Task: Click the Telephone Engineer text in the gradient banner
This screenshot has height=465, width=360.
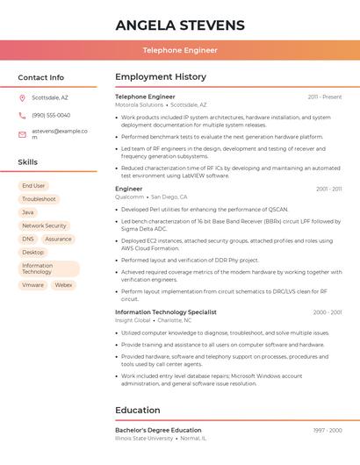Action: (x=180, y=50)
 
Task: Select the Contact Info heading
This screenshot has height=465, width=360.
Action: (x=40, y=77)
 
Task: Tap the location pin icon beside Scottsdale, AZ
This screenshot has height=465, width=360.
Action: (x=22, y=97)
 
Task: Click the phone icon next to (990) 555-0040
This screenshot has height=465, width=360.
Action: (x=22, y=115)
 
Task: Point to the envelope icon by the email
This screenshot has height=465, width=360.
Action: (x=22, y=134)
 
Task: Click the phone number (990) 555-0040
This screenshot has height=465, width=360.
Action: (x=51, y=115)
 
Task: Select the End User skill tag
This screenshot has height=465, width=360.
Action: (x=33, y=186)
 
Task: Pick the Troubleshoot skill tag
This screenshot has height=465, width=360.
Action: (x=39, y=199)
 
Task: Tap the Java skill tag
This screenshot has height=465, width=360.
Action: (x=28, y=212)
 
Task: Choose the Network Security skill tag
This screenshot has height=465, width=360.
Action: (x=44, y=225)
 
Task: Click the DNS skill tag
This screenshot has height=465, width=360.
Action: (x=28, y=239)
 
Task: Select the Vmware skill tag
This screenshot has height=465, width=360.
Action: (x=32, y=285)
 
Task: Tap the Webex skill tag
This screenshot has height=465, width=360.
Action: (x=63, y=285)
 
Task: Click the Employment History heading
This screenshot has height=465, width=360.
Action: (x=161, y=77)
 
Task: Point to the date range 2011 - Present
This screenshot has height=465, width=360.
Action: (x=325, y=97)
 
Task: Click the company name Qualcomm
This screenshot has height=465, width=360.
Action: (x=129, y=197)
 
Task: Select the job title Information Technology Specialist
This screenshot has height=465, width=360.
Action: (x=166, y=312)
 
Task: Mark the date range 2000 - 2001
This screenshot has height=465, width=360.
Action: (x=328, y=312)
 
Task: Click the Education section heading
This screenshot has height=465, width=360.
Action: (x=138, y=410)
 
